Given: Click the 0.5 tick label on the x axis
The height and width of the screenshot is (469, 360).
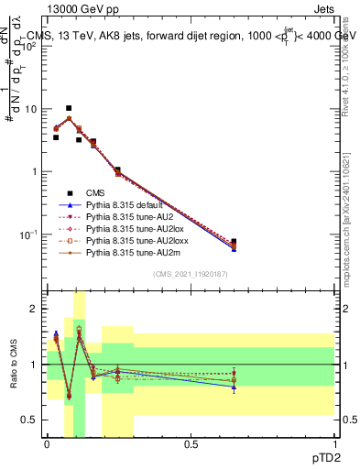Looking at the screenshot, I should [191, 444].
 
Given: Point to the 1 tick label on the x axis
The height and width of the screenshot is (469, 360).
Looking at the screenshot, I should [334, 444].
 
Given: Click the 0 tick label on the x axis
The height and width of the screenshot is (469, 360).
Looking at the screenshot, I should [47, 444].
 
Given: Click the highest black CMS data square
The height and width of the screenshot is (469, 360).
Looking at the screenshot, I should [69, 108].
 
